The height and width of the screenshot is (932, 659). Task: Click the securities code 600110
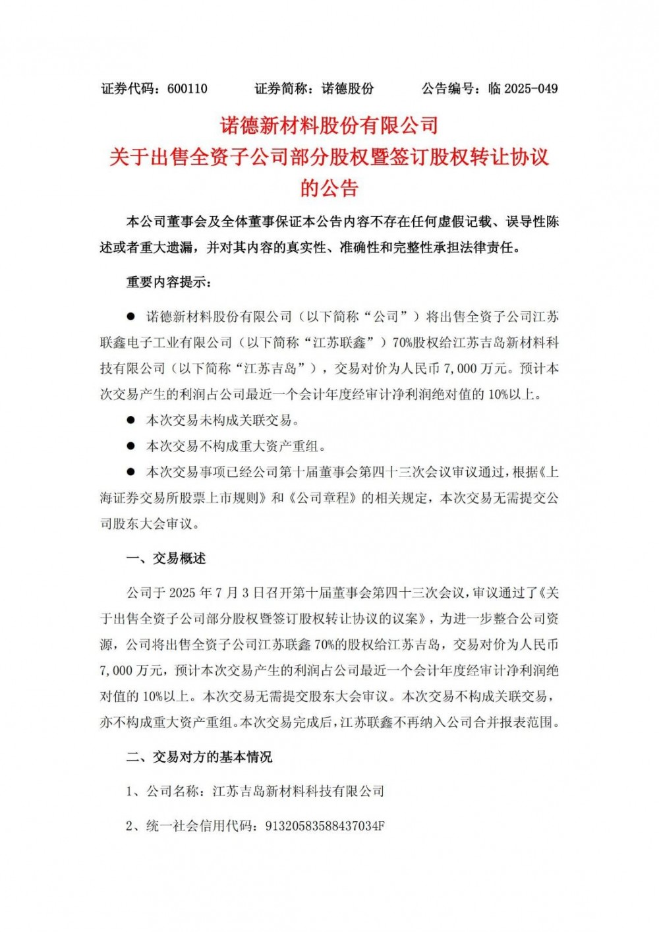coord(188,88)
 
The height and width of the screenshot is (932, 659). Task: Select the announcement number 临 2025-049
coord(523,88)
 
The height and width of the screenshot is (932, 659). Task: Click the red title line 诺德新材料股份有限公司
coord(329,125)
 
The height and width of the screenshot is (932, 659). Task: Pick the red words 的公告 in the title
coord(329,189)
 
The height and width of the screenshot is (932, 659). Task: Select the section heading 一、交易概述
coord(166,558)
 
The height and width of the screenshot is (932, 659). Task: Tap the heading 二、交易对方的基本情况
coord(199,757)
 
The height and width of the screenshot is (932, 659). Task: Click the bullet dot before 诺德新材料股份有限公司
coord(131,317)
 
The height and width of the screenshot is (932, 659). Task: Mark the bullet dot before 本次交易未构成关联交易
coord(131,420)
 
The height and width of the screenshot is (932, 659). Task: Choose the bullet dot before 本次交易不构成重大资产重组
coord(131,446)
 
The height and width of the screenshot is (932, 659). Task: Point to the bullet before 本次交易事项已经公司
coord(131,472)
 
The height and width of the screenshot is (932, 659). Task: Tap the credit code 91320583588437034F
coord(324,825)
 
